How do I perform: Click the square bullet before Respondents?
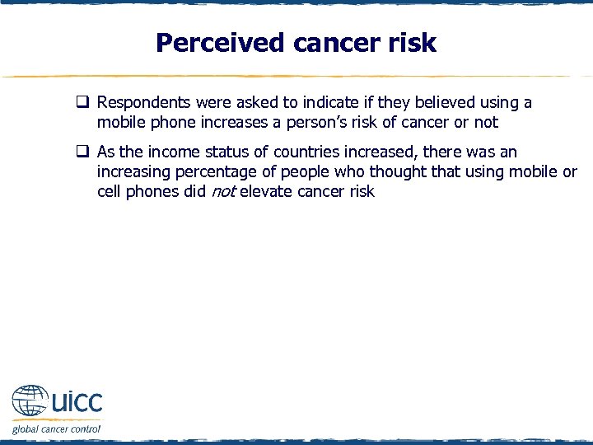click(83, 103)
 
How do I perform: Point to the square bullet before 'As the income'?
click(83, 152)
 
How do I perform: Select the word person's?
click(313, 123)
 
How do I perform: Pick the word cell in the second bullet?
click(109, 192)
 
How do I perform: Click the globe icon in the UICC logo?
click(30, 403)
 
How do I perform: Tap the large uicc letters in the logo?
click(77, 403)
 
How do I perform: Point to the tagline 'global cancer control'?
click(56, 429)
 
